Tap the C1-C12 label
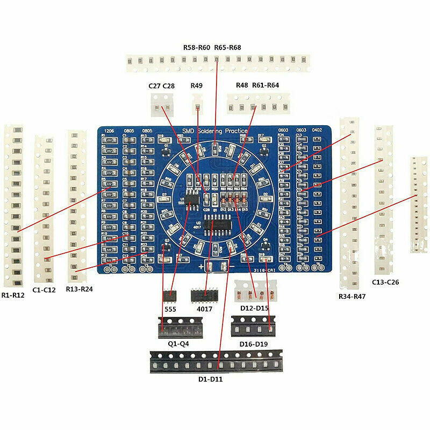(45, 290)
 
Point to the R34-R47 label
(352, 296)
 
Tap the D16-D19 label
(253, 343)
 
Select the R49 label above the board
(197, 85)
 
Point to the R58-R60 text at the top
(197, 47)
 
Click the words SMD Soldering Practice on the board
(215, 131)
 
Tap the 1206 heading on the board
(109, 131)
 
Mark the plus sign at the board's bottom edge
(202, 267)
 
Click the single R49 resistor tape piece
(197, 101)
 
